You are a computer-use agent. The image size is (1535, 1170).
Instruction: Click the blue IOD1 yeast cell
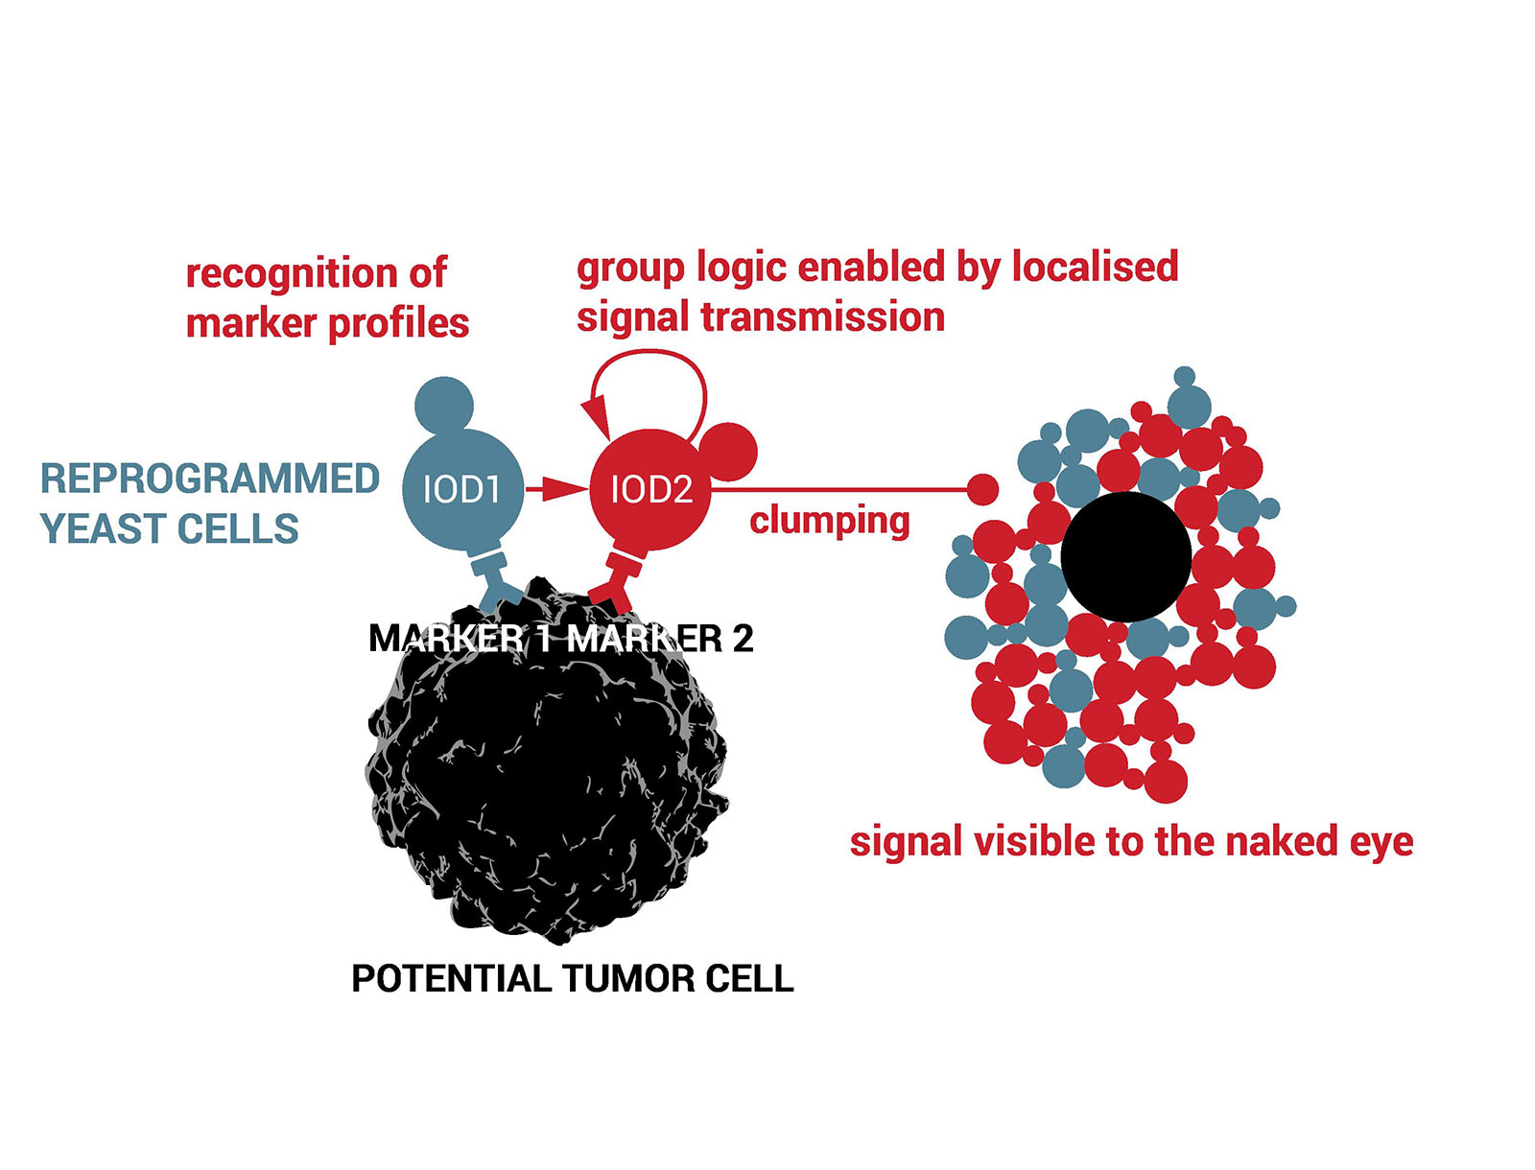click(462, 490)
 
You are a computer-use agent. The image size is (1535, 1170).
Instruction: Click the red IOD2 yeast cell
click(650, 490)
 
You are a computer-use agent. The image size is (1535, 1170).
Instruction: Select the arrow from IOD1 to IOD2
click(555, 489)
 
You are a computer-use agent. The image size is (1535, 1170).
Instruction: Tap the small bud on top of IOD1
click(443, 405)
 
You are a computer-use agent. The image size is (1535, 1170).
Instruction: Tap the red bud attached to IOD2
click(729, 451)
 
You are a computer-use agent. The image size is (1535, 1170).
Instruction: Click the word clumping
click(829, 521)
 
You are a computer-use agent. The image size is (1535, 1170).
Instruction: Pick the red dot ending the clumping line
click(981, 489)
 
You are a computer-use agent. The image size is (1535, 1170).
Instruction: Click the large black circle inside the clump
click(1126, 556)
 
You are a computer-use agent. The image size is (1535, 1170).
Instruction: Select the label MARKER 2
click(660, 639)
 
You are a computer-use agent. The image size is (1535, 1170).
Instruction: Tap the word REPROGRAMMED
click(209, 479)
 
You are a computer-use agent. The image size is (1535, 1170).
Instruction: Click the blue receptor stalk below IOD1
click(493, 576)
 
